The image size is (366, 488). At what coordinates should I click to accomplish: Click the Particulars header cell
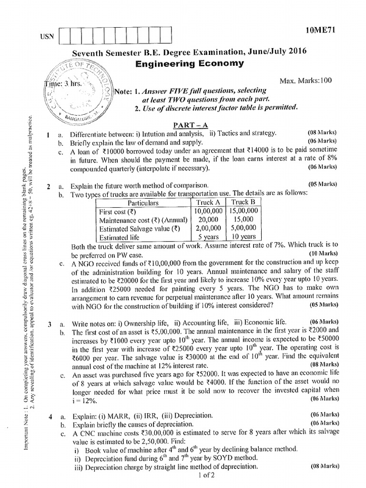pyautogui.click(x=143, y=203)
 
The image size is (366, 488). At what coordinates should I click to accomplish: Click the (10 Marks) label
pyautogui.click(x=323, y=254)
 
